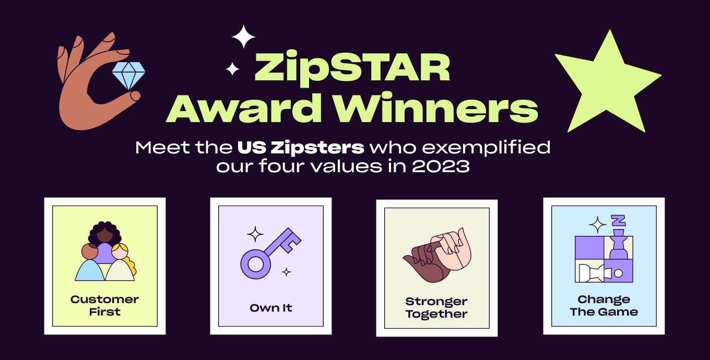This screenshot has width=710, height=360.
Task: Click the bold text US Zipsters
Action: [301, 147]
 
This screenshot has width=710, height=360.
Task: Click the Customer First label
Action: [104, 306]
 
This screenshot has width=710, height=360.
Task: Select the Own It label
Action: [270, 308]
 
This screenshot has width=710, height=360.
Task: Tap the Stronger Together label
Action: [436, 308]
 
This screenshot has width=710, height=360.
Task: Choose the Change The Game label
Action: [603, 306]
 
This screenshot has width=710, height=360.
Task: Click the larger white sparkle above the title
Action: [243, 37]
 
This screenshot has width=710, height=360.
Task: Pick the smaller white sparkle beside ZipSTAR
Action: [232, 68]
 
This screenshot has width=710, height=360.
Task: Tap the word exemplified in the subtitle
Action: [485, 147]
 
